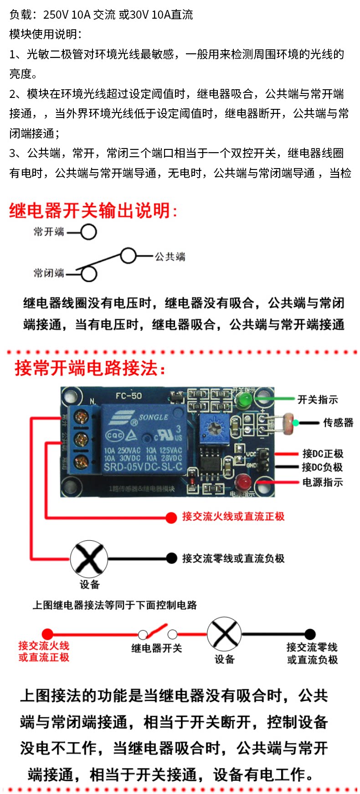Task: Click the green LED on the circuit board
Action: click(x=244, y=400)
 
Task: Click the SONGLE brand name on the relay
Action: click(x=153, y=417)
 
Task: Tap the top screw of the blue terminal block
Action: click(x=82, y=417)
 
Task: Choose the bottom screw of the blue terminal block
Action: click(x=82, y=461)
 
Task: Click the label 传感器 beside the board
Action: click(x=338, y=423)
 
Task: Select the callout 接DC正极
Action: click(x=323, y=454)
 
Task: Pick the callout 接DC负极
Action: click(x=322, y=467)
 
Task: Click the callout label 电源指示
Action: click(x=323, y=482)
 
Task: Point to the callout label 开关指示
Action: click(x=318, y=400)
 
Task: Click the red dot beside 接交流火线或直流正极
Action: click(x=171, y=517)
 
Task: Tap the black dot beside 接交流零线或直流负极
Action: click(x=171, y=558)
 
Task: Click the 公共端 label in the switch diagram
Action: click(x=170, y=257)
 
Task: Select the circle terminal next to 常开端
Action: click(x=88, y=232)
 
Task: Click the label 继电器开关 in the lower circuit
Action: click(x=156, y=648)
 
